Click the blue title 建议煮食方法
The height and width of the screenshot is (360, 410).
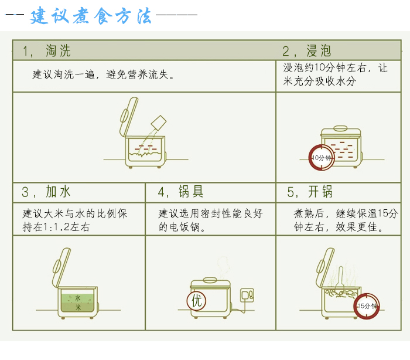[x=90, y=16]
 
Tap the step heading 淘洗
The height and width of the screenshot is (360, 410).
[x=58, y=50]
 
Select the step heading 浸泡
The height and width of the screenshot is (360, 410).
[x=319, y=50]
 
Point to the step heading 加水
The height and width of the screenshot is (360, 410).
[x=58, y=191]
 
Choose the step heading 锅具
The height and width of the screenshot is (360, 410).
[x=191, y=191]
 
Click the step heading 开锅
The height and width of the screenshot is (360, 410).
[x=320, y=191]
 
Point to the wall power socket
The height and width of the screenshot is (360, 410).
[x=247, y=295]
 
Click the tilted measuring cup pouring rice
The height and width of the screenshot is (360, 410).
[x=159, y=123]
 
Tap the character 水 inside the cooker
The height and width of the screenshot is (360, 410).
[x=78, y=298]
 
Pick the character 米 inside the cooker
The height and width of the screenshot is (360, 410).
[x=78, y=307]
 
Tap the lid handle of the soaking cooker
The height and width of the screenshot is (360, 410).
[x=340, y=128]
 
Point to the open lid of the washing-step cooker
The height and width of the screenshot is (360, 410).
[x=129, y=117]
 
